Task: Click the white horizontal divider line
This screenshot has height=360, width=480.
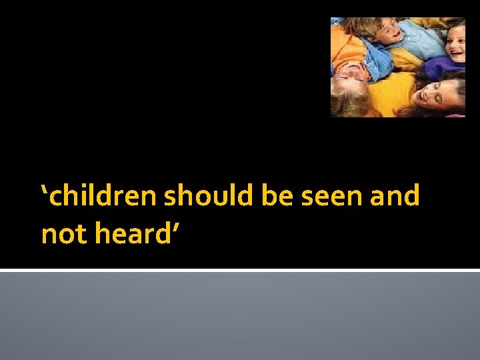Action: pos(240,271)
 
